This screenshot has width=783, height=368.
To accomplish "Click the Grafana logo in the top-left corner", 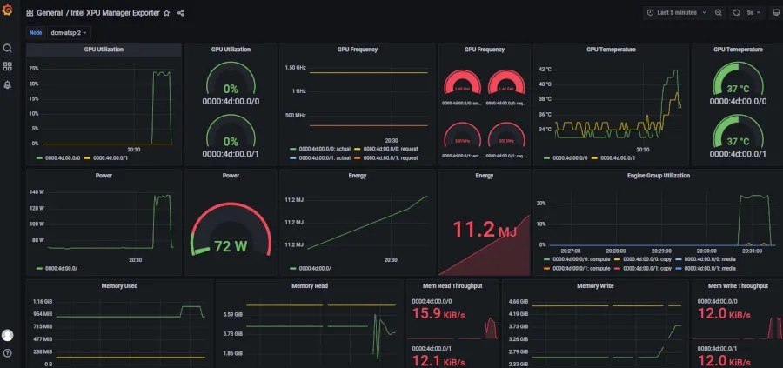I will point(8,13).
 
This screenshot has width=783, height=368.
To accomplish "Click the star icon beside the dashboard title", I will point(166,13).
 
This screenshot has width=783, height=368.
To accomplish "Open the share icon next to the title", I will point(181,13).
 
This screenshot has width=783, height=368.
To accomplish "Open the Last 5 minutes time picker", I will point(677,13).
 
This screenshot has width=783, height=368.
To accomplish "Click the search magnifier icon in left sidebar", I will point(8,49).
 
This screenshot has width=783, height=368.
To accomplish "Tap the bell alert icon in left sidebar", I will point(8,84).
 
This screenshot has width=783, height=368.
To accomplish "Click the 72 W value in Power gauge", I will point(231,246).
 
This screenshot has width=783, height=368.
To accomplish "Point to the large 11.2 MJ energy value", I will point(485,230).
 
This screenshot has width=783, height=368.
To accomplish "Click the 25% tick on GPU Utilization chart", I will point(34,67).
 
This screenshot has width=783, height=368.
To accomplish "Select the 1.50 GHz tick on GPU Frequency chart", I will point(295,67).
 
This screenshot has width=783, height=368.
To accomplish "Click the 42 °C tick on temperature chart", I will point(545,68).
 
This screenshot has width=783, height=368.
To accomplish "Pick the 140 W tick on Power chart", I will point(37,191).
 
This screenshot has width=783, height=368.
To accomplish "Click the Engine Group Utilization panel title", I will point(658,176).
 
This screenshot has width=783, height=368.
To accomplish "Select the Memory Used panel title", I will point(119,285).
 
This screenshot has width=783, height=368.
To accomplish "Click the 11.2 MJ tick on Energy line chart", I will point(295,199).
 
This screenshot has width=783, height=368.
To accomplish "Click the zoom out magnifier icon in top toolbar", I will point(718,13).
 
